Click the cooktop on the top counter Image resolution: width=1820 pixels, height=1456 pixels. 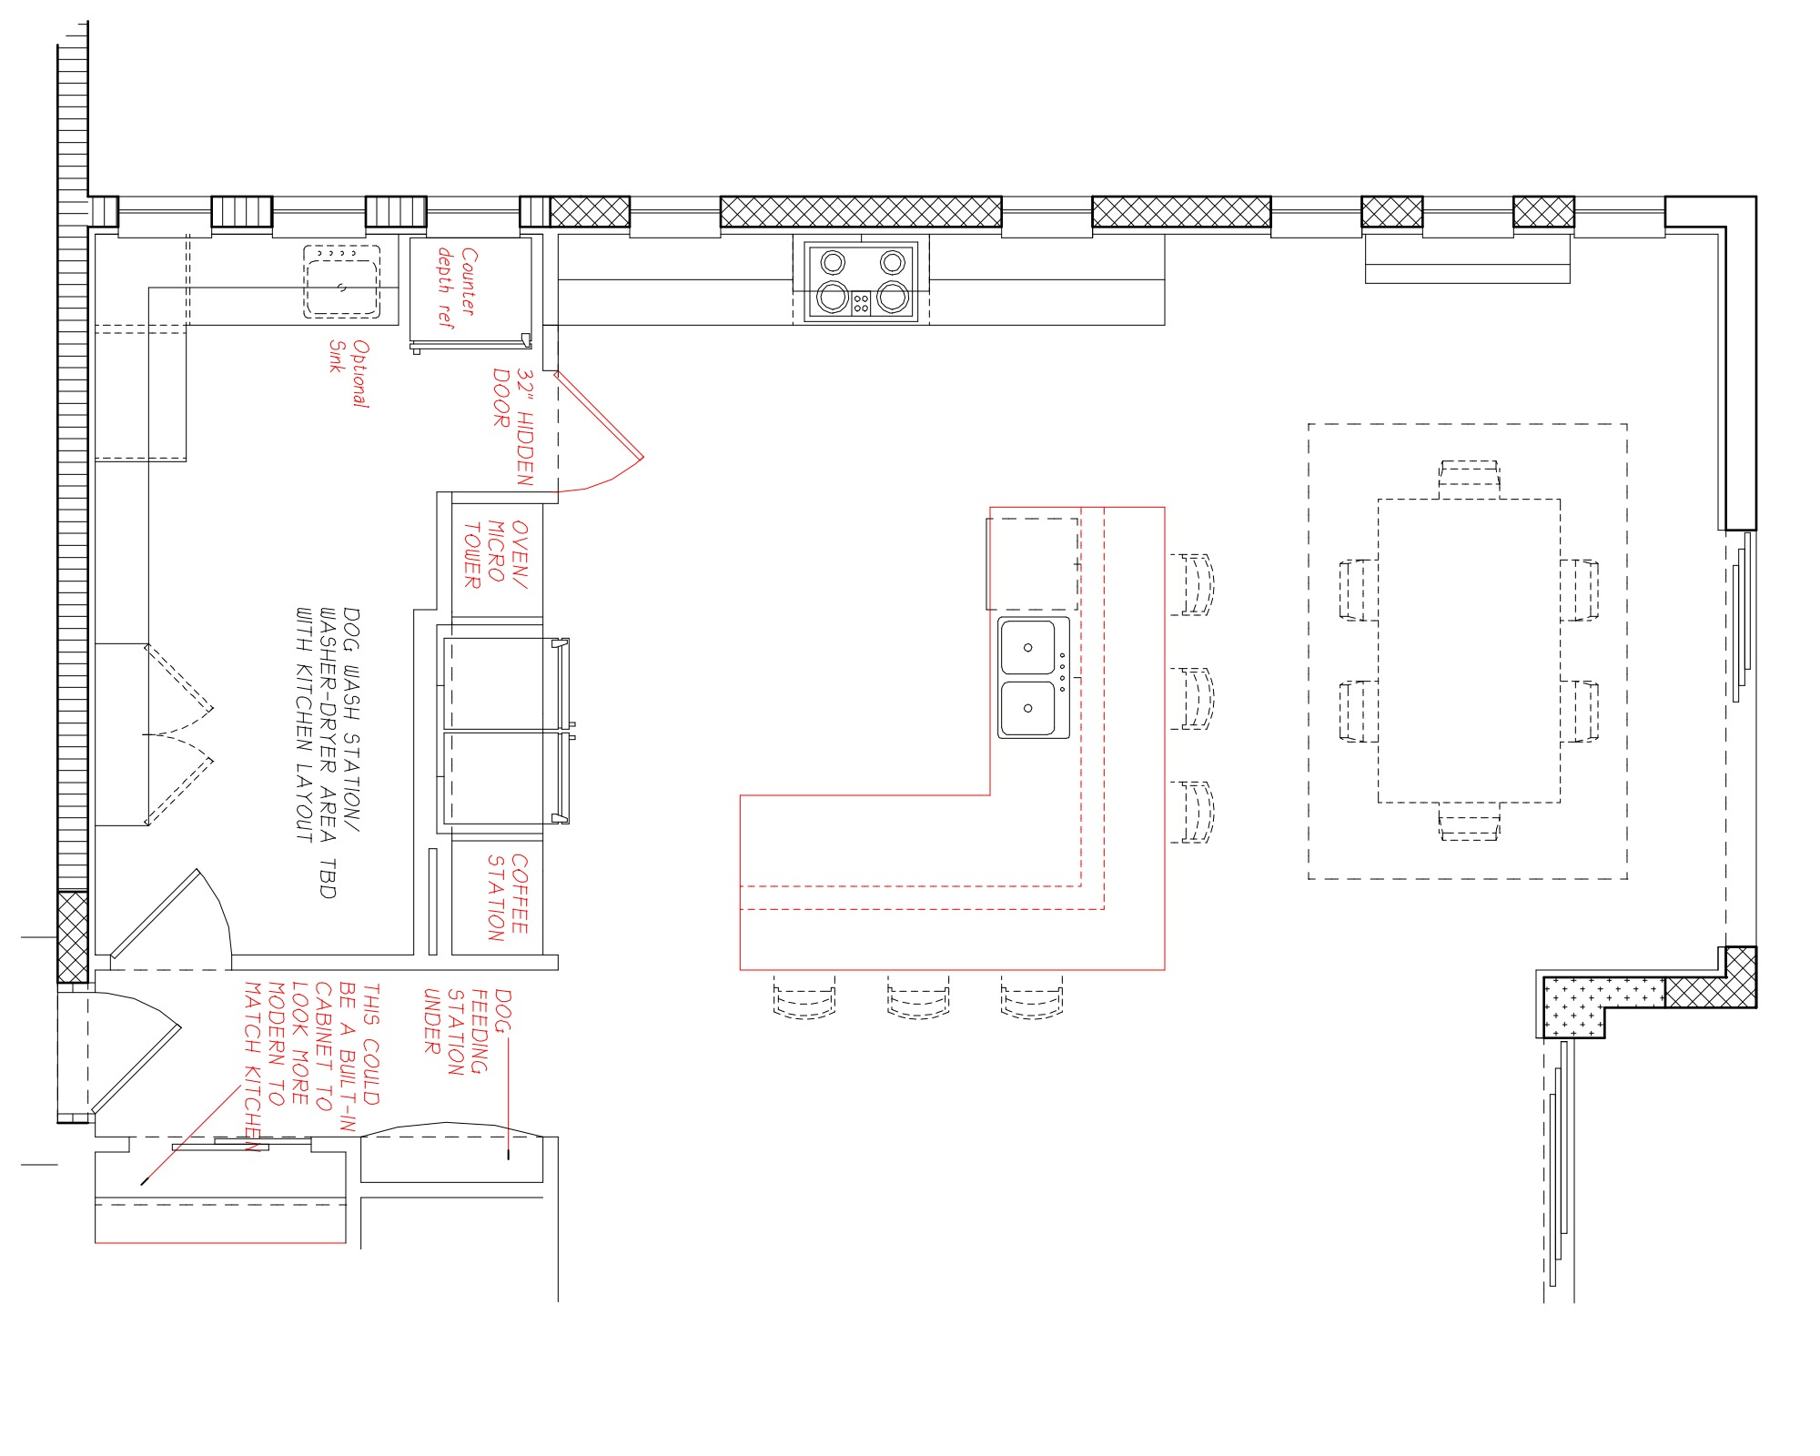(861, 280)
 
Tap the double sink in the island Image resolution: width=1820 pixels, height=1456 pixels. (1034, 678)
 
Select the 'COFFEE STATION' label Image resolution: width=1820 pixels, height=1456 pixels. (507, 897)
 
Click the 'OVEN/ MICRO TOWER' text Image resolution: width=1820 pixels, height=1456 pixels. (496, 554)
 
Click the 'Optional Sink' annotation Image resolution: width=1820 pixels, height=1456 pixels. (349, 373)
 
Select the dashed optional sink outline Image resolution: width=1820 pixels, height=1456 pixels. (341, 281)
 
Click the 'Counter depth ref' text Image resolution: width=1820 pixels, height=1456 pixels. (456, 287)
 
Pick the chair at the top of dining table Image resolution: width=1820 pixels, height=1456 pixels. (1469, 479)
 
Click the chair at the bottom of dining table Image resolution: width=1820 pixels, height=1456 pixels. (1469, 822)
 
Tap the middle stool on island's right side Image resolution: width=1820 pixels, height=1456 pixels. (1192, 699)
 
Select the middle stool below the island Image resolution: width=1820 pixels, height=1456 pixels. (918, 997)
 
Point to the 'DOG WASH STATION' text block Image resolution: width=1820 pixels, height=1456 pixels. (329, 752)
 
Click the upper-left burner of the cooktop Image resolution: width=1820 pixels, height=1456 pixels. (833, 263)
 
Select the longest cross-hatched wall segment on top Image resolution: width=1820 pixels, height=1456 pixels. (861, 212)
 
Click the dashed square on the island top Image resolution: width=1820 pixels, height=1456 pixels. (1033, 564)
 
